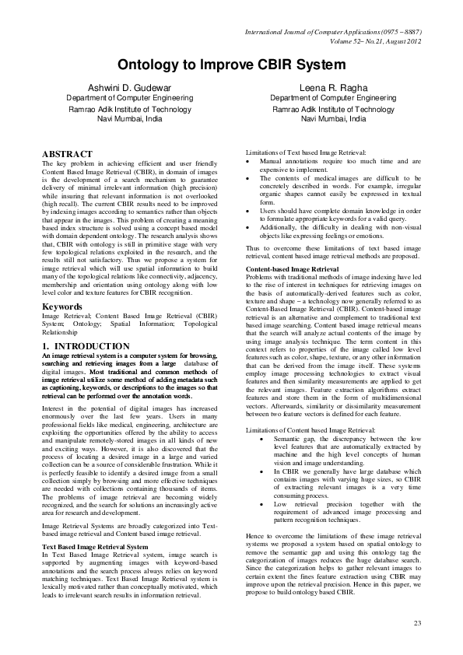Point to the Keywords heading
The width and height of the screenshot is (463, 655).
(x=62, y=306)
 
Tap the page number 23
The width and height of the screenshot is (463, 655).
(x=417, y=624)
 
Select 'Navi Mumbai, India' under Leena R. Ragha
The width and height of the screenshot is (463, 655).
(x=333, y=120)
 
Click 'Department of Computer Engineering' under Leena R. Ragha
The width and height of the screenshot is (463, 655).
(x=333, y=99)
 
